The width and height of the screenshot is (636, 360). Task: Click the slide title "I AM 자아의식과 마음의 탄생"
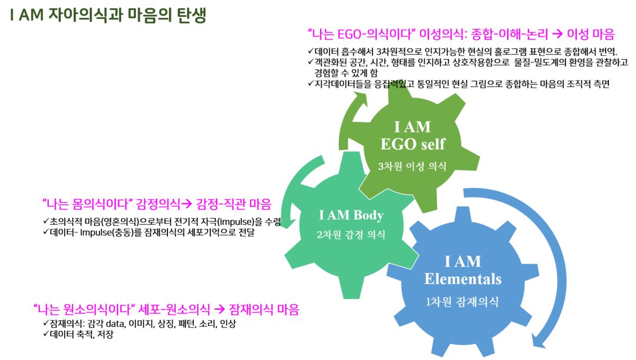108,15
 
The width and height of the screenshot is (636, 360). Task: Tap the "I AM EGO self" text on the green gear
413,135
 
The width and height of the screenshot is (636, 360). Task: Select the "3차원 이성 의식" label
412,166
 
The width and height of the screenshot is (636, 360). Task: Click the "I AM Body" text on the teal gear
351,215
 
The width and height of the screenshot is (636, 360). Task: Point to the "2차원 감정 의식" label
351,234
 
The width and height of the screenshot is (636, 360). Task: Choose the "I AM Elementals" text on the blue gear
463,270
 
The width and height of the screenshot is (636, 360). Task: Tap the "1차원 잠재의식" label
463,302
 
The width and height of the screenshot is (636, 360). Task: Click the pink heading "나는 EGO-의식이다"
360,34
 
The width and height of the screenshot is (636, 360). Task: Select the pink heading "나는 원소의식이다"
84,309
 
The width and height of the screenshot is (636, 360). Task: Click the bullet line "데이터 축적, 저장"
78,334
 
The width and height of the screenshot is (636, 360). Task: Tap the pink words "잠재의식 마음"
264,309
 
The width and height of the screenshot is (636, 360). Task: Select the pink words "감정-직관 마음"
234,203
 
